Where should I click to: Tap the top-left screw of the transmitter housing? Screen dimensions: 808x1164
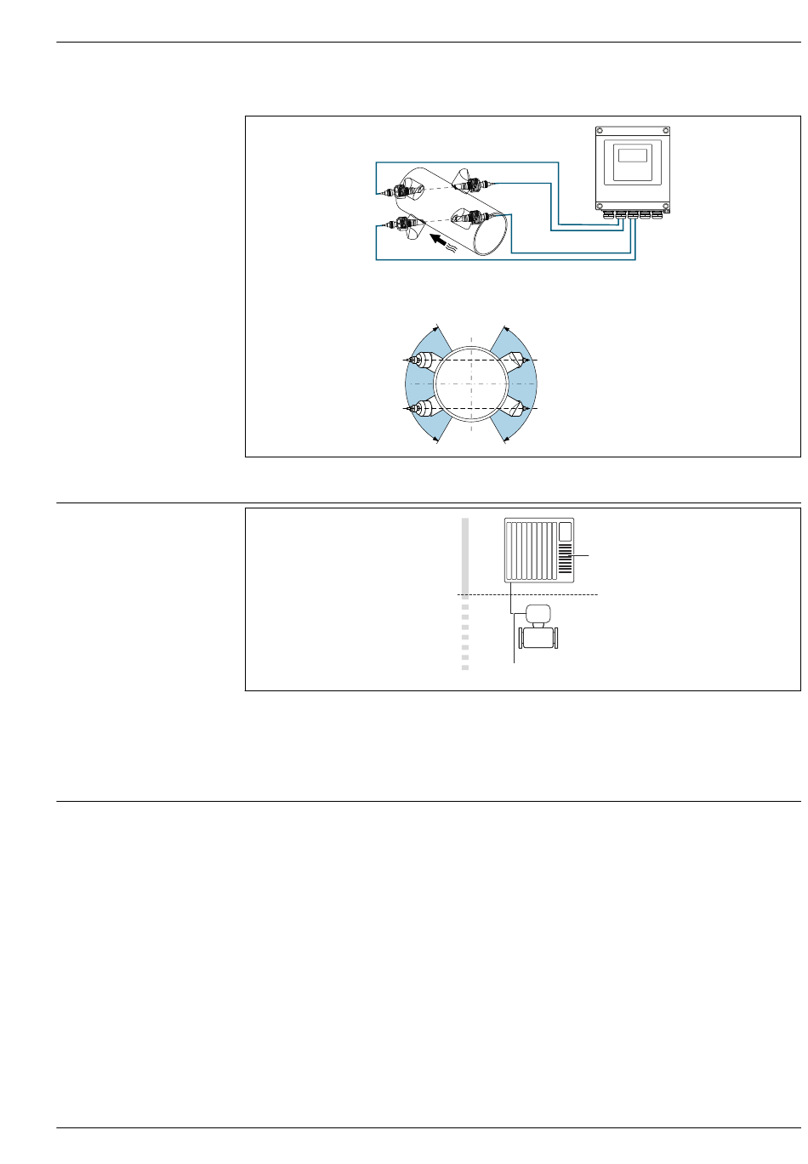[600, 131]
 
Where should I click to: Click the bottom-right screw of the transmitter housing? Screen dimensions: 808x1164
[664, 205]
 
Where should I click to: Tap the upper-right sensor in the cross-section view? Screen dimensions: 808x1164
[518, 361]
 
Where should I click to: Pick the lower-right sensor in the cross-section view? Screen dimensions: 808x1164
[518, 409]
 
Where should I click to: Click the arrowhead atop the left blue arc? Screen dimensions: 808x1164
[437, 328]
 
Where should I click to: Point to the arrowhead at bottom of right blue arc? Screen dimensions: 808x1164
[505, 439]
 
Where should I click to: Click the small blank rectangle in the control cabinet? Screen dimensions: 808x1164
[565, 533]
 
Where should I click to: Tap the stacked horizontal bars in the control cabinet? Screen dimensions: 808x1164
[565, 560]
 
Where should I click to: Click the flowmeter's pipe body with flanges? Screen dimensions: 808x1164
[539, 637]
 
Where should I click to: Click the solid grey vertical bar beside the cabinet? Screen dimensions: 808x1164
[465, 558]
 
